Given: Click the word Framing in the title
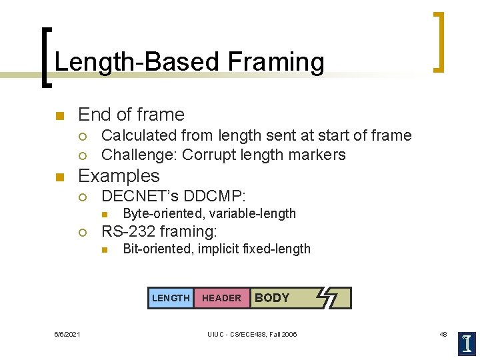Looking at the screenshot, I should click(275, 62).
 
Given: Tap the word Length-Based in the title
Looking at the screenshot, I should click(138, 62).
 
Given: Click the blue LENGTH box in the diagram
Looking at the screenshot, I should click(171, 298).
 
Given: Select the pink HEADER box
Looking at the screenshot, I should click(221, 298).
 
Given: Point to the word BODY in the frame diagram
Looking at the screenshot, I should click(272, 298).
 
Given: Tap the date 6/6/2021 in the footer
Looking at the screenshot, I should click(67, 334).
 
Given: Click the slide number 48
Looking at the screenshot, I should click(443, 334).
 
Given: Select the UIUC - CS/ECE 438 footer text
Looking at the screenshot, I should click(252, 334).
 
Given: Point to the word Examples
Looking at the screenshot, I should click(119, 176).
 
